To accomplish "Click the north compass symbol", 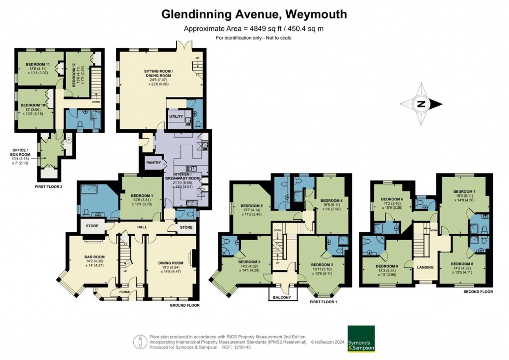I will (x=421, y=104).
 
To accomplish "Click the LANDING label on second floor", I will (x=425, y=268).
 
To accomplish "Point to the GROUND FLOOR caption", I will (x=184, y=305).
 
